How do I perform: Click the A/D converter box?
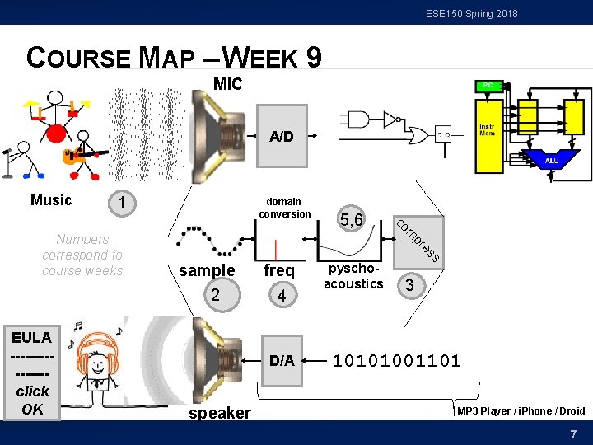click(x=282, y=136)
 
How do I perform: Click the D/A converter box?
click(x=282, y=360)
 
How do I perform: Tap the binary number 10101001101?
click(x=396, y=360)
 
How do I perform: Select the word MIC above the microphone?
click(x=227, y=84)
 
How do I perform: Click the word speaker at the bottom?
click(x=219, y=413)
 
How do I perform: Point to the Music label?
click(x=51, y=200)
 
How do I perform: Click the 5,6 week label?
click(x=351, y=220)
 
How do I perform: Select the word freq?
click(x=278, y=270)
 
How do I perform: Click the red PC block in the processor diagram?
click(x=488, y=86)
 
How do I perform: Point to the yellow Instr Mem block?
click(x=489, y=132)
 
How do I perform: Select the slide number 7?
click(x=573, y=433)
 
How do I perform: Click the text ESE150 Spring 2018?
click(x=472, y=13)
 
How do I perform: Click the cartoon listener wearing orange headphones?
click(x=96, y=369)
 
